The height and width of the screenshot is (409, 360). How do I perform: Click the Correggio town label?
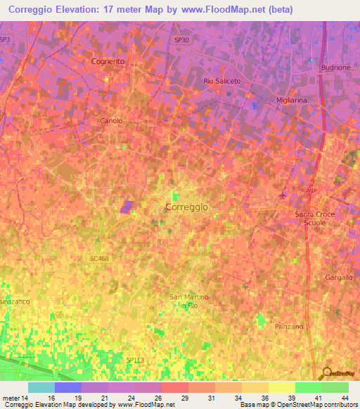coord(186,207)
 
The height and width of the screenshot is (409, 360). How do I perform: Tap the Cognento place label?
coord(108,61)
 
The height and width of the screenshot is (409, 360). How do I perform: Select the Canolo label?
coord(111,121)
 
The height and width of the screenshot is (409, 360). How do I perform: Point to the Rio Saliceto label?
coord(221,82)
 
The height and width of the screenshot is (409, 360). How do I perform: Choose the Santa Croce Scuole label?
coord(314,218)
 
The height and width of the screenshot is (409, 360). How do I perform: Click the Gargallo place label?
coord(339,278)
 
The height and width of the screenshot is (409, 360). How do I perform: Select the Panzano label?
coord(289,327)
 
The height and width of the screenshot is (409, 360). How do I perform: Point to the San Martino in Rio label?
coord(188,301)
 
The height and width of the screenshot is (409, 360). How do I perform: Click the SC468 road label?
coord(99,259)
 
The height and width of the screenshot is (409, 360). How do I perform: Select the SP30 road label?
coord(181,40)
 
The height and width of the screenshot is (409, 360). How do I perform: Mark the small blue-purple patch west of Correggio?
coord(127,206)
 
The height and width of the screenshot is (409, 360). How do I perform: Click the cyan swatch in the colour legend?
coord(41,387)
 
